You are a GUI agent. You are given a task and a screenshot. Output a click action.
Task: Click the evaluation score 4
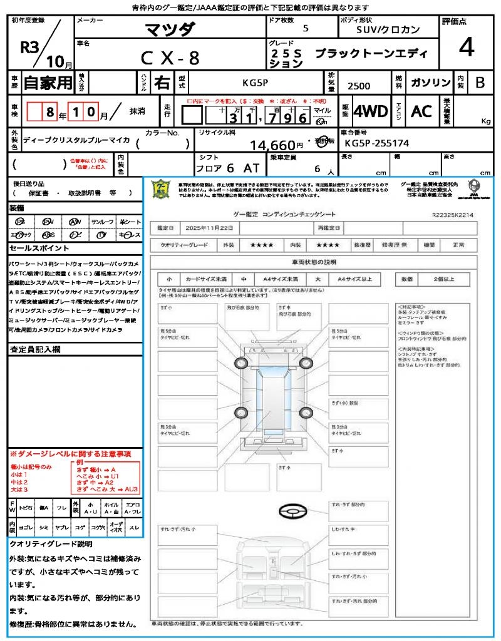tap(466, 48)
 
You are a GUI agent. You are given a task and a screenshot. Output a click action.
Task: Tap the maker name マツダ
tap(170, 29)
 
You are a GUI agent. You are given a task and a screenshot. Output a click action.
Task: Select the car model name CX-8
tap(170, 58)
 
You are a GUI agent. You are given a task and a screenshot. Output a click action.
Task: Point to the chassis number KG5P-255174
tap(377, 143)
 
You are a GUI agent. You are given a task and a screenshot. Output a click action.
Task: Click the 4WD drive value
tap(371, 111)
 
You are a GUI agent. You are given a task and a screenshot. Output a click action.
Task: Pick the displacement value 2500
tap(358, 86)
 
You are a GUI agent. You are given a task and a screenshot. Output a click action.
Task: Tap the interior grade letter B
tap(480, 83)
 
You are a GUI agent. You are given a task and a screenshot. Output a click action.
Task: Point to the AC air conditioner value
tap(421, 111)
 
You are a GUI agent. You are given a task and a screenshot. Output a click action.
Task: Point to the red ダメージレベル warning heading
tap(70, 453)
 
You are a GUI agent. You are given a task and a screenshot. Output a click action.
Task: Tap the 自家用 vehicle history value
tap(48, 82)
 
